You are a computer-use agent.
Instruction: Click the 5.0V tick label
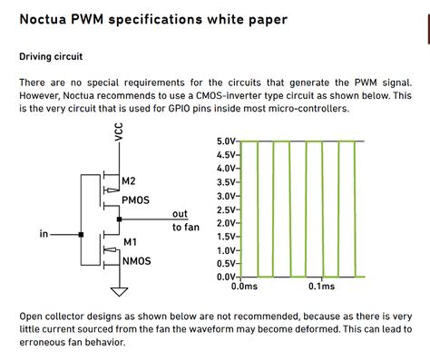tap(226, 141)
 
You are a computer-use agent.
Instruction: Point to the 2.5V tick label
tap(226, 209)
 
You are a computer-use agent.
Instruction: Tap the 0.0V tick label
tap(226, 276)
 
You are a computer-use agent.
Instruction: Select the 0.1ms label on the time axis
tap(320, 287)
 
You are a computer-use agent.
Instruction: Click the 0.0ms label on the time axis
tap(245, 287)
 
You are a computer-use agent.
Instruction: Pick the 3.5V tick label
tap(226, 181)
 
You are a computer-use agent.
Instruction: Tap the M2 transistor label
tap(129, 180)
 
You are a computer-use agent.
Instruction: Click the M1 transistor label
tap(129, 242)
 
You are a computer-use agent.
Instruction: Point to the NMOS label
tap(135, 260)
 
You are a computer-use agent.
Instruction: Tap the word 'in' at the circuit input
tap(44, 234)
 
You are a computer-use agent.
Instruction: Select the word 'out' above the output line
tap(180, 214)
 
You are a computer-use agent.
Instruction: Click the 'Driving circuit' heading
tap(51, 56)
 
